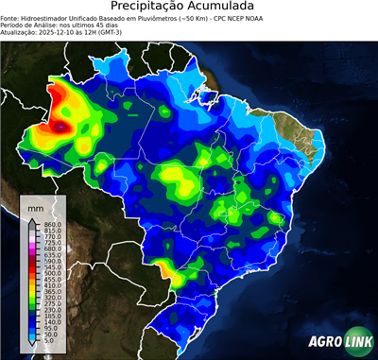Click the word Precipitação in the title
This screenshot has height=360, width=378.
[x=152, y=8]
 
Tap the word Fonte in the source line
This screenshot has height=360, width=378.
[x=11, y=18]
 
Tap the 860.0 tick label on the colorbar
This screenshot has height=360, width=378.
[x=52, y=223]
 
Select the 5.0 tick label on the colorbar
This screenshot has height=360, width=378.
[x=49, y=343]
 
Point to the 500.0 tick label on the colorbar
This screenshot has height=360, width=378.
[x=52, y=273]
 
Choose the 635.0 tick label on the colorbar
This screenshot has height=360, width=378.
[x=52, y=254]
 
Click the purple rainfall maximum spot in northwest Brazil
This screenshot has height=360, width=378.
[x=62, y=124]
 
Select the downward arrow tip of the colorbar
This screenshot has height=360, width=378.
[x=31, y=347]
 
